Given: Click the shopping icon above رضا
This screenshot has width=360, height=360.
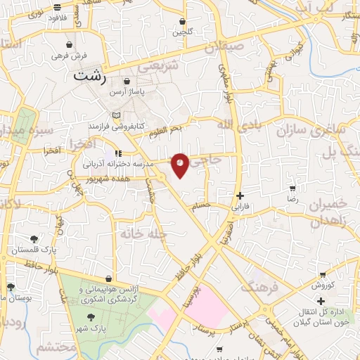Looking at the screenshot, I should (x=292, y=188).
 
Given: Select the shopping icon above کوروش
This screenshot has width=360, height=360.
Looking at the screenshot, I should (x=323, y=274).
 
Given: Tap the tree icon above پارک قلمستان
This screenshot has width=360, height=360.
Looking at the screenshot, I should (x=34, y=238).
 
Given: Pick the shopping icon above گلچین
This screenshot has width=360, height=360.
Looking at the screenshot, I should (x=183, y=22).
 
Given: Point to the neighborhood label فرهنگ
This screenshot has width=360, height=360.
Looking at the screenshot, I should (x=260, y=287).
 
